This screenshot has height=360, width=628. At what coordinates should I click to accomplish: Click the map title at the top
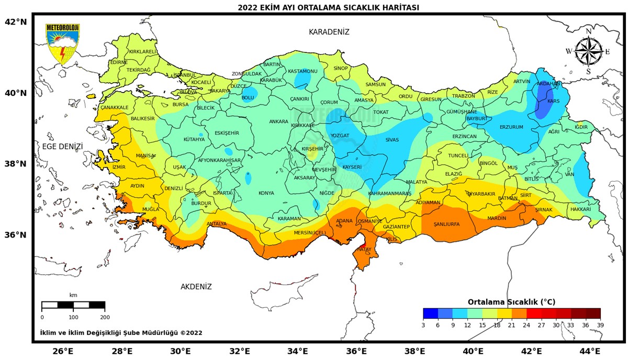coord(328,7)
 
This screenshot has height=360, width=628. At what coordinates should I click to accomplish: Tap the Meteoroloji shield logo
coord(62,44)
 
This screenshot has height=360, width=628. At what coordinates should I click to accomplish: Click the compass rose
coord(588,51)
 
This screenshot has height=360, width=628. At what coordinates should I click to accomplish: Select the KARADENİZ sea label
coord(329,32)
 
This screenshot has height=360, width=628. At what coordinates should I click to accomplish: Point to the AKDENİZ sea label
coord(196,287)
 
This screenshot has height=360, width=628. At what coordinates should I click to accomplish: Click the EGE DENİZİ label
coord(62,147)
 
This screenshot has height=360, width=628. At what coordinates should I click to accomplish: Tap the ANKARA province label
coord(278,122)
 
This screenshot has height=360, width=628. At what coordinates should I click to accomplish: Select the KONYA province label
coord(266,194)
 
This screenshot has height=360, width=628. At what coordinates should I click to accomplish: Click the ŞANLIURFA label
coord(446,224)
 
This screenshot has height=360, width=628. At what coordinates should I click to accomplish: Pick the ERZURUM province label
coord(511,127)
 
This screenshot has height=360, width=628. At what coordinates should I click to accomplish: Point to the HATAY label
coord(363,250)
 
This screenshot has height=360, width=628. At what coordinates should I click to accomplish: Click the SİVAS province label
coord(392,140)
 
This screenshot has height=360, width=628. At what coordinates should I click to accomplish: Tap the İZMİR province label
coord(119,167)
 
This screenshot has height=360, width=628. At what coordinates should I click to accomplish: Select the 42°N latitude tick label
coord(15,22)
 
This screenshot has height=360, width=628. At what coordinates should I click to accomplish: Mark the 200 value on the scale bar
coord(105,317)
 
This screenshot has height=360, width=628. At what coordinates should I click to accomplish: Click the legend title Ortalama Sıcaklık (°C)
coord(511,302)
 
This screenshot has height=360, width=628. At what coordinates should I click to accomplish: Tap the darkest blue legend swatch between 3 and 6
coord(430,313)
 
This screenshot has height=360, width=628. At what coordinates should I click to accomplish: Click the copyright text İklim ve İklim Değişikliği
coord(121,333)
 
